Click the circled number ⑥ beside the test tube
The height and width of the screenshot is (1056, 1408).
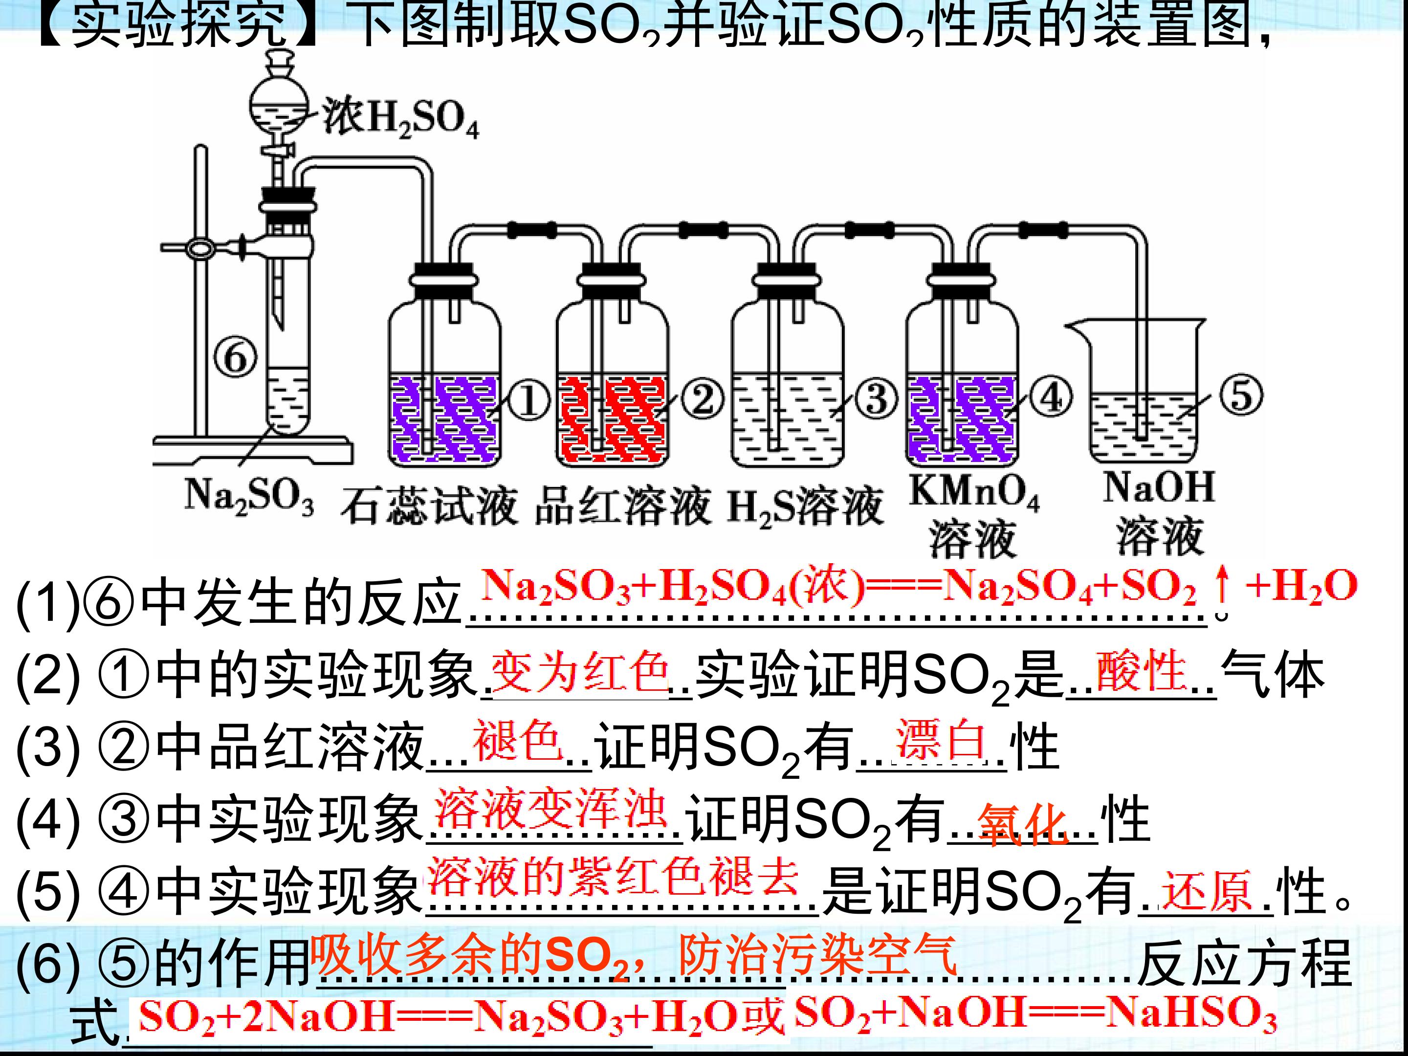[x=236, y=358]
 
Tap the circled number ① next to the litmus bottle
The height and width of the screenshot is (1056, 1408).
[x=529, y=402]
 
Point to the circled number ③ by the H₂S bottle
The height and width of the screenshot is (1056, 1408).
[x=877, y=399]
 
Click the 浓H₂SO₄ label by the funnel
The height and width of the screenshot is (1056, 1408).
[x=400, y=119]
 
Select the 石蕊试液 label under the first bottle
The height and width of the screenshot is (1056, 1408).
[x=428, y=506]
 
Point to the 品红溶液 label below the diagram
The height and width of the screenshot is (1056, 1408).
[x=622, y=506]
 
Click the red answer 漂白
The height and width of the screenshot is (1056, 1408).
[x=942, y=740]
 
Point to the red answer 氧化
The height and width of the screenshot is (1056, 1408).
[x=1024, y=824]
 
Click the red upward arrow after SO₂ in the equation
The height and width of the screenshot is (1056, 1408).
[x=1221, y=585]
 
